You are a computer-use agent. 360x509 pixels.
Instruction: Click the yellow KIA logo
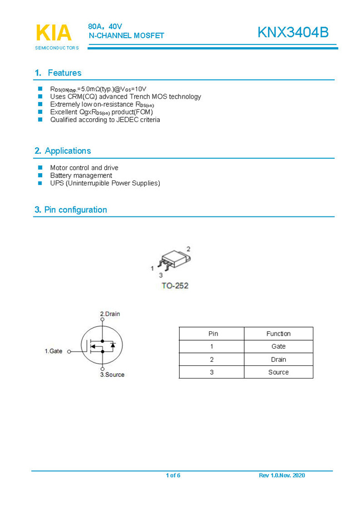(x=54, y=33)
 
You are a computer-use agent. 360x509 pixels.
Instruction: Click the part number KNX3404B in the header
(x=292, y=33)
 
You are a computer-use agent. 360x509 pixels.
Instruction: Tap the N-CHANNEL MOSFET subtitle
(x=126, y=36)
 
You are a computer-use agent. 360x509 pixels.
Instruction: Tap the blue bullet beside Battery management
(x=40, y=175)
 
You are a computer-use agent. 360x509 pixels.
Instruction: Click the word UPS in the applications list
(x=57, y=183)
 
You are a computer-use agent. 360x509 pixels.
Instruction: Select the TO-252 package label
(x=175, y=286)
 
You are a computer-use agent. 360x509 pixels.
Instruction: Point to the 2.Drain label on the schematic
(x=109, y=314)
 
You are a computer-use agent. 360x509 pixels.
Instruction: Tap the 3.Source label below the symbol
(x=112, y=375)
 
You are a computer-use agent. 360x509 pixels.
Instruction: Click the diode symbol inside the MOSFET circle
(x=113, y=346)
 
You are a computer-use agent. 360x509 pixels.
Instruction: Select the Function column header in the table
(x=278, y=334)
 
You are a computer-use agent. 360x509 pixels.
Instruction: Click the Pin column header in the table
(x=213, y=334)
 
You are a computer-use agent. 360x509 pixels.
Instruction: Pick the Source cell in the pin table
(x=278, y=372)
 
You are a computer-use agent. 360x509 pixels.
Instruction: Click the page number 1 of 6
(x=173, y=476)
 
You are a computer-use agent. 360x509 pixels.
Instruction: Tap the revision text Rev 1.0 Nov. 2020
(x=282, y=476)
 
